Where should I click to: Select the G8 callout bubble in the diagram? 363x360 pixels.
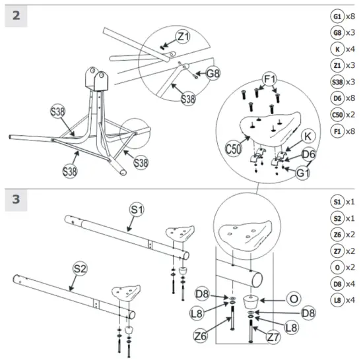[211, 74]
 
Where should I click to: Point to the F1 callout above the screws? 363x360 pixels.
[269, 79]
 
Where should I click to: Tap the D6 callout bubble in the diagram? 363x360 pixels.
[309, 155]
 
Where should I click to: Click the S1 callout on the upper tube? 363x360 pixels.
[137, 210]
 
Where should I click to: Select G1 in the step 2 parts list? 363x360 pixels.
[337, 16]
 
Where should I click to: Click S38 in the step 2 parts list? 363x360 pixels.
[337, 82]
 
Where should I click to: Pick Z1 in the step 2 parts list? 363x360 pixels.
[337, 65]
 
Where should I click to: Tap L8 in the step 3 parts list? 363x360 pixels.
[337, 300]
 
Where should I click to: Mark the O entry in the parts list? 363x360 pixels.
[337, 268]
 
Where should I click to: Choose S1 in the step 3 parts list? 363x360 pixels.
[337, 202]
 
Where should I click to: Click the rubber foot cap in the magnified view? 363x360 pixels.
[252, 303]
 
